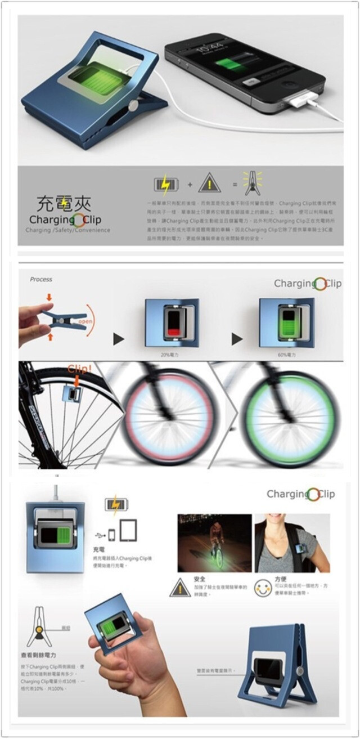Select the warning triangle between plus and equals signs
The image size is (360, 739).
tap(209, 183)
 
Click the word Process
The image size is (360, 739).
tap(41, 279)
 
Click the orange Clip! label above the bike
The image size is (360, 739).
tap(79, 370)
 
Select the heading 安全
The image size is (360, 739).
tap(199, 579)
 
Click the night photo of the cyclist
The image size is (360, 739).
tap(214, 542)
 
